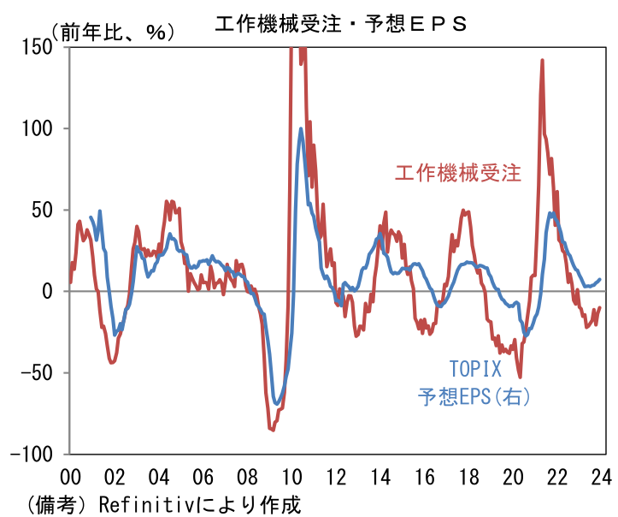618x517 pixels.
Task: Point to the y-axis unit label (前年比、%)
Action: pyautogui.click(x=115, y=33)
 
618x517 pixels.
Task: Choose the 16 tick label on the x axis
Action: pyautogui.click(x=424, y=478)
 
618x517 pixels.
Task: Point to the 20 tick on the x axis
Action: pyautogui.click(x=513, y=478)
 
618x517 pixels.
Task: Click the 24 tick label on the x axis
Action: pyautogui.click(x=601, y=478)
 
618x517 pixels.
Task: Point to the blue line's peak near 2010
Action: pyautogui.click(x=301, y=129)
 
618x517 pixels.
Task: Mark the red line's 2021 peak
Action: pyautogui.click(x=542, y=60)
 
